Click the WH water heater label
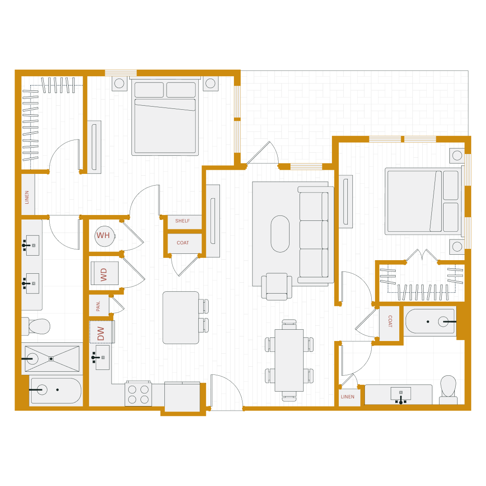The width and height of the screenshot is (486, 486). point(103,235)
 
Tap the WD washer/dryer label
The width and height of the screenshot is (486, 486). point(104,274)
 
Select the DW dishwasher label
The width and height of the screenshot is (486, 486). point(101,333)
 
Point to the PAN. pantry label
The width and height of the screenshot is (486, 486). point(98,306)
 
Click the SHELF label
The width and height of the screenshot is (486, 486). point(182,221)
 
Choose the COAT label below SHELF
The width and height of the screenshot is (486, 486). point(183,243)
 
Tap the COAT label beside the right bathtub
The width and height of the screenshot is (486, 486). point(390,321)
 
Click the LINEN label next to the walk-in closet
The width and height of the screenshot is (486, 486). point(27,197)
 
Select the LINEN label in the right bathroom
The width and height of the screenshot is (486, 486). point(348,397)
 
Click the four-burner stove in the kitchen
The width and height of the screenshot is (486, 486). point(138,394)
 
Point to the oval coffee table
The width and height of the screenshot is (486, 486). point(280,234)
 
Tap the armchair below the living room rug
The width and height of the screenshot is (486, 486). point(276,286)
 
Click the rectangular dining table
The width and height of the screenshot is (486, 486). point(289,360)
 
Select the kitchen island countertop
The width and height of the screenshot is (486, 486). point(181,318)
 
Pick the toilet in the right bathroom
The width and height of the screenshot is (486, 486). point(448,388)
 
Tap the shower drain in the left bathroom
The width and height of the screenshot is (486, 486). point(51,359)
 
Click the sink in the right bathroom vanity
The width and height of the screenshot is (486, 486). point(401,393)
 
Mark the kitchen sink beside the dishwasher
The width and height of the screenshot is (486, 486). point(103,357)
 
